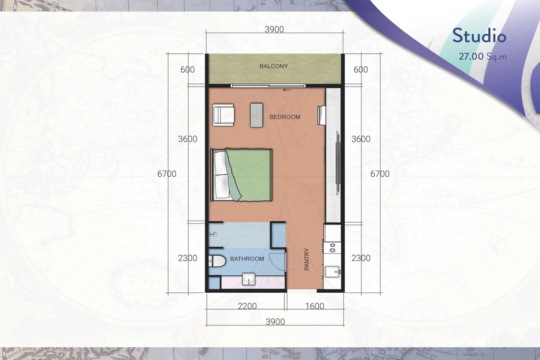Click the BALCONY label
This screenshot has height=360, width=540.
click(273, 66)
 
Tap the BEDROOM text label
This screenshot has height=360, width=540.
click(285, 117)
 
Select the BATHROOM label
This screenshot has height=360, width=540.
click(247, 259)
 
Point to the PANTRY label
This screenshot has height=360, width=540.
click(306, 259)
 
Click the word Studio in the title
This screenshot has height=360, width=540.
click(479, 36)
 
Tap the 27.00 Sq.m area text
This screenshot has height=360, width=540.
click(483, 56)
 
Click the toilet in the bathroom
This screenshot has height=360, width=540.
click(217, 261)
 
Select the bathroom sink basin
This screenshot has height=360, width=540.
click(249, 279)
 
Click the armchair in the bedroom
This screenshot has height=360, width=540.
click(224, 115)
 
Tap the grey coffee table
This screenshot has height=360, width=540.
click(257, 115)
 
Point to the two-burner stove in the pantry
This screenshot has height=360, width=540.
click(333, 247)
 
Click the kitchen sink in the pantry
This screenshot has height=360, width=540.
click(333, 271)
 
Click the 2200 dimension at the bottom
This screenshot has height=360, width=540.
click(247, 306)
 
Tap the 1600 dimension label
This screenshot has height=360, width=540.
click(315, 306)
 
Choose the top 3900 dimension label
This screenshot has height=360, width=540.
click(274, 29)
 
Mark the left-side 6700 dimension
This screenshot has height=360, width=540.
click(167, 174)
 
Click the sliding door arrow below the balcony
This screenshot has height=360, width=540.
click(287, 90)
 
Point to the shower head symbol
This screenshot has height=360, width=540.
click(213, 234)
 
